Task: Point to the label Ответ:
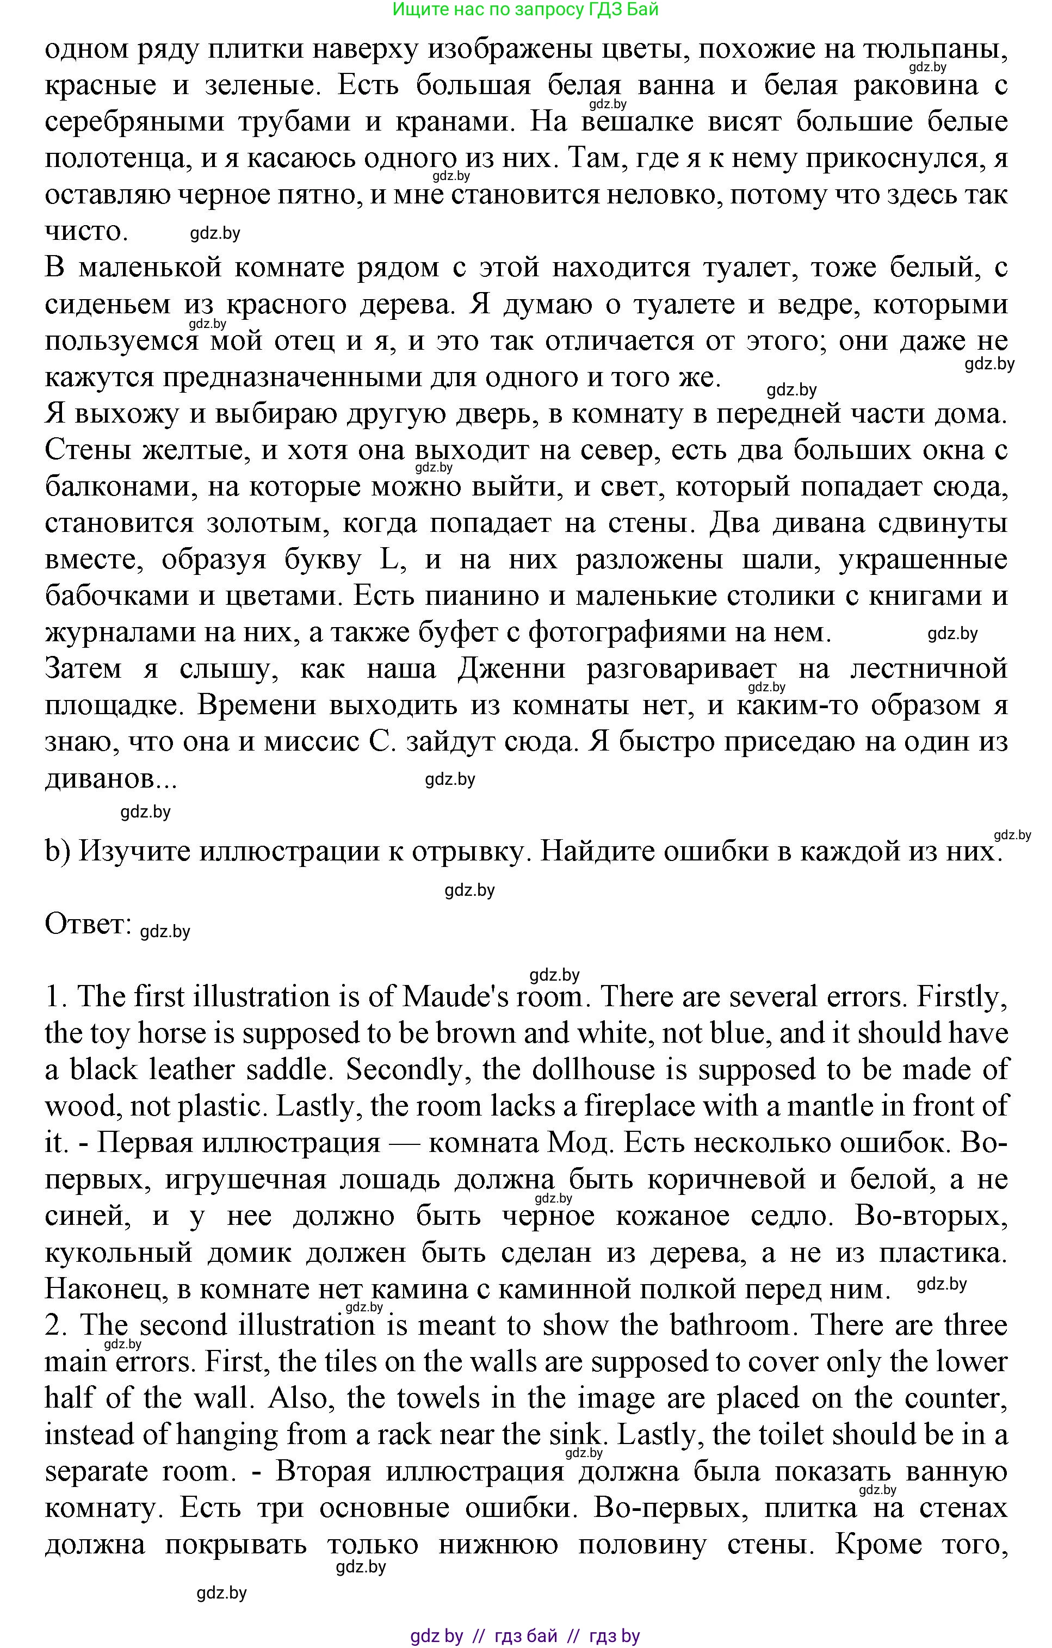[x=88, y=924]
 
